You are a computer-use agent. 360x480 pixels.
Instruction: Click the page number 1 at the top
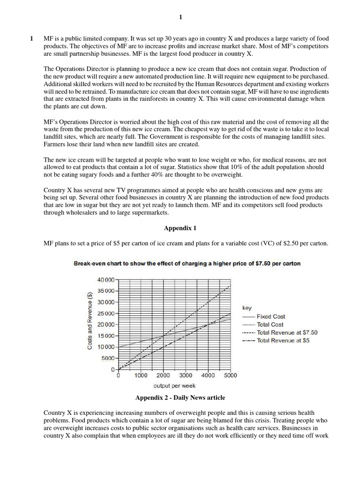click(180, 18)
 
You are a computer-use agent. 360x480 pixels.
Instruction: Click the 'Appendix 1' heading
click(180, 228)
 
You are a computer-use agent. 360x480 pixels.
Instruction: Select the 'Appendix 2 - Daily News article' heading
click(180, 397)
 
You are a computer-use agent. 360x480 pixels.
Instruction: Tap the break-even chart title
click(187, 263)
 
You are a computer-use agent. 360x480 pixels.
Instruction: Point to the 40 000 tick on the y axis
click(105, 280)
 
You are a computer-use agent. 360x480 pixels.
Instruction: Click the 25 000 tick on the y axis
click(105, 313)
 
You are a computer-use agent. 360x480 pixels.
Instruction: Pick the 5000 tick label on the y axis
click(107, 358)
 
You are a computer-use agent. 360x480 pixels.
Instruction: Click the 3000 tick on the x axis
click(186, 375)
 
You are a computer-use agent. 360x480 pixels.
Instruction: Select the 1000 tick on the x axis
click(141, 375)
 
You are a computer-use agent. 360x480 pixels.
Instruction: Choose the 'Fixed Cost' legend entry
click(270, 316)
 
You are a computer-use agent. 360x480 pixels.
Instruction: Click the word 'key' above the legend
click(247, 308)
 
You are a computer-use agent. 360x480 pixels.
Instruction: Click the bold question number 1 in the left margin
click(31, 38)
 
